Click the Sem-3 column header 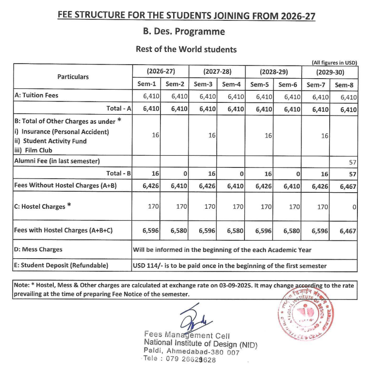click(203, 84)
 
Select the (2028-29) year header click(273, 71)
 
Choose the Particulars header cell click(73, 77)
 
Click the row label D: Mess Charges click(39, 250)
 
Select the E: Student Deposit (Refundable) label click(61, 265)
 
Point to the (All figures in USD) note click(334, 62)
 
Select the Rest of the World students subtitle click(186, 49)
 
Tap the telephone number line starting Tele click(180, 360)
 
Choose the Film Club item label click(35, 150)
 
